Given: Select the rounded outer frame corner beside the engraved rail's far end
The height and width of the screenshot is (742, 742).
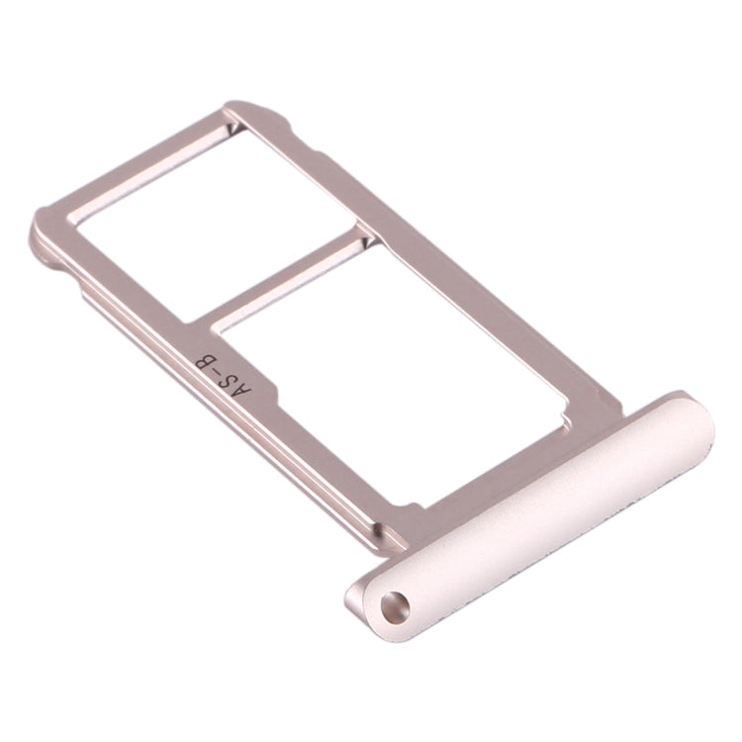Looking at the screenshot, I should point(45,237).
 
